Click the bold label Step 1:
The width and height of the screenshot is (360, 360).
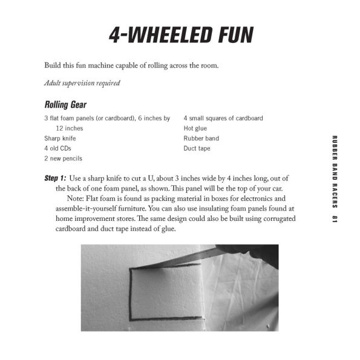pyautogui.click(x=56, y=180)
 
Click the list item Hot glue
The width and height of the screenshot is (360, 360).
pyautogui.click(x=197, y=128)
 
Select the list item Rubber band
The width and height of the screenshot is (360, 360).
pyautogui.click(x=201, y=139)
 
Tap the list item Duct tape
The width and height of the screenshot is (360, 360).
pyautogui.click(x=197, y=148)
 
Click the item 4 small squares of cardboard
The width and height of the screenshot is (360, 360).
pyautogui.click(x=223, y=118)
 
